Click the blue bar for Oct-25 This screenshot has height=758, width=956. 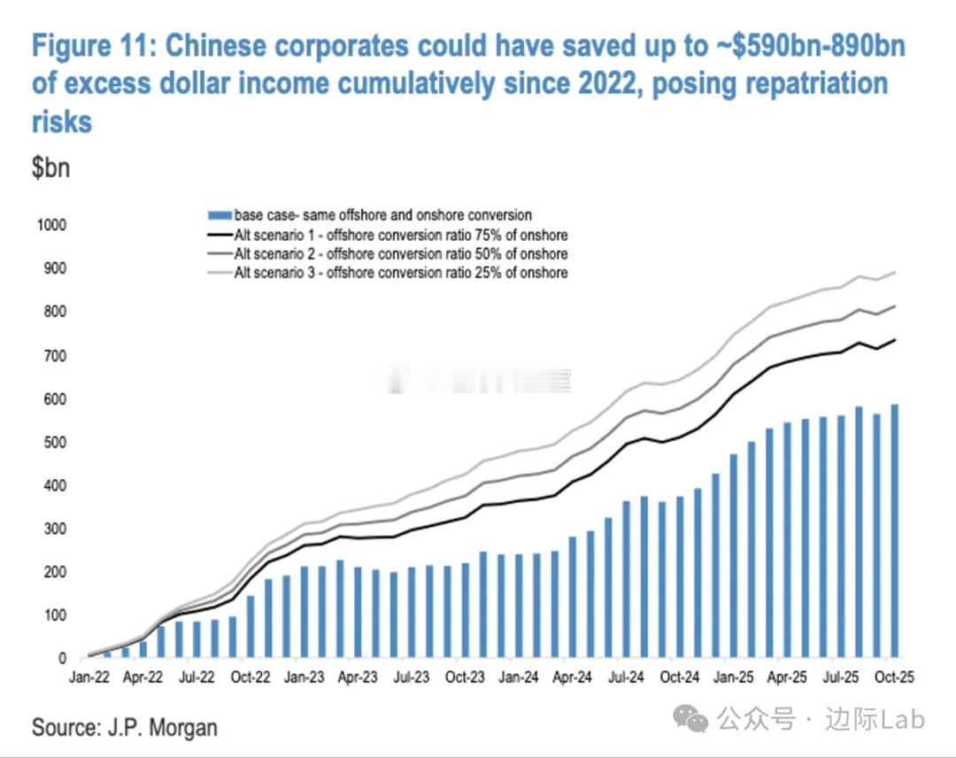coord(894,531)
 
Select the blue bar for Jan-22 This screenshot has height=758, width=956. coord(90,656)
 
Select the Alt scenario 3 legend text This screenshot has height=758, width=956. coord(400,273)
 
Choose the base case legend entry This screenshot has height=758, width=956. coord(382,215)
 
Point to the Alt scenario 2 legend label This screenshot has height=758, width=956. coord(400,254)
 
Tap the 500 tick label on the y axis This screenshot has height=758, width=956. coord(55,442)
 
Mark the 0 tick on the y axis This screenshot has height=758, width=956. coord(63,659)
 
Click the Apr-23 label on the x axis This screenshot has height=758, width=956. coord(358,677)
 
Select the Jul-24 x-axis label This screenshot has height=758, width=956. coord(627,677)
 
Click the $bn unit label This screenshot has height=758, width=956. coord(50,168)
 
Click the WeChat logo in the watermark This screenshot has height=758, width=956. coord(690,718)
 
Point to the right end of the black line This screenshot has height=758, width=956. coord(895,339)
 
